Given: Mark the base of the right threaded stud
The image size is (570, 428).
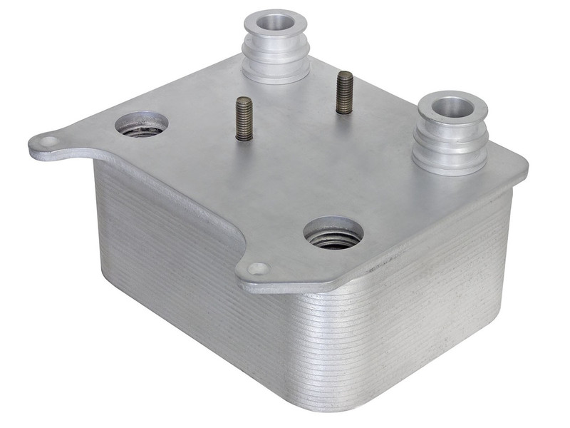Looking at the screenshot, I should point(346,111).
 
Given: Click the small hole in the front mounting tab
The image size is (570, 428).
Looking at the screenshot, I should point(257,269).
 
